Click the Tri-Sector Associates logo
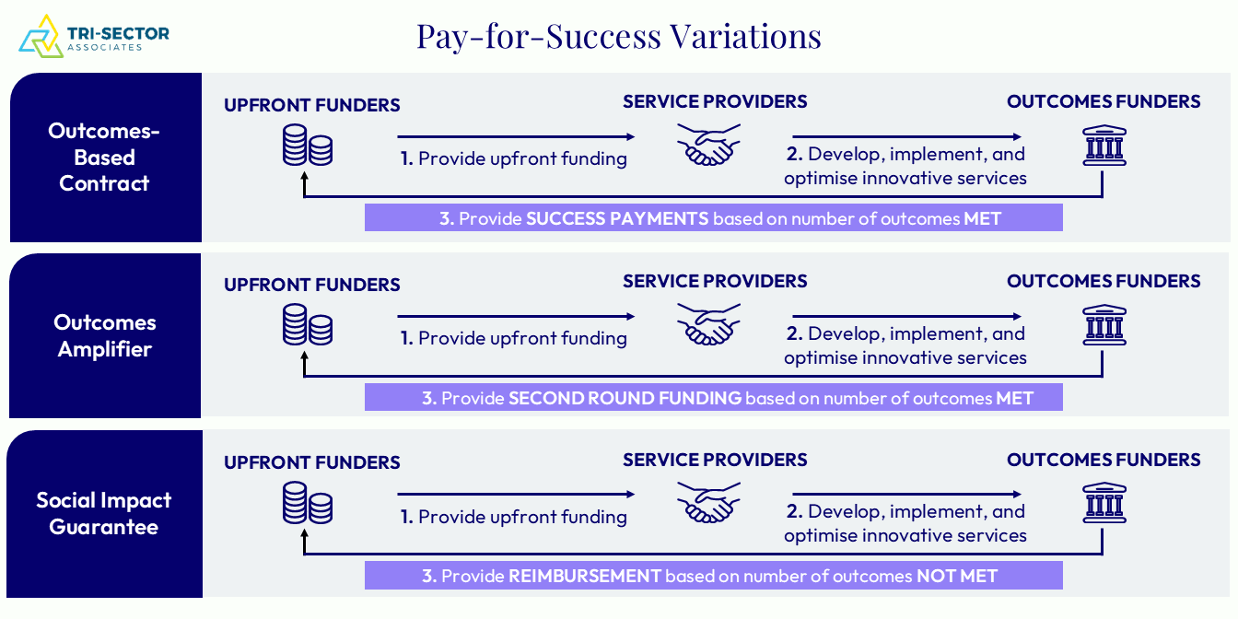(x=94, y=37)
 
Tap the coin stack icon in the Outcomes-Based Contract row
(x=308, y=145)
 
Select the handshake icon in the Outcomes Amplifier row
(x=708, y=324)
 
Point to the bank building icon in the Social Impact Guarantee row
(x=1104, y=503)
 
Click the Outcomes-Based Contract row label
(x=104, y=157)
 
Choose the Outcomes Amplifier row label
(x=104, y=335)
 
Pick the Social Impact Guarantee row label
(x=104, y=513)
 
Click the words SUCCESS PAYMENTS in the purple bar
(x=617, y=218)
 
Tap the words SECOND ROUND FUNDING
(x=625, y=398)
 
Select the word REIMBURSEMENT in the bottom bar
(x=584, y=576)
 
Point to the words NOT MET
(x=957, y=576)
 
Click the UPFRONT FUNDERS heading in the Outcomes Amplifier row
(x=311, y=285)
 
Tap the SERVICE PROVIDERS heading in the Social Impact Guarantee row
(x=715, y=460)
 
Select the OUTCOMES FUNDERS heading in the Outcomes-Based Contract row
(x=1104, y=101)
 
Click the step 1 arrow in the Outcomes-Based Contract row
(x=516, y=136)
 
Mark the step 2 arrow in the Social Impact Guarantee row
(x=906, y=494)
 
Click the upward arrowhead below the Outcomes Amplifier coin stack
(x=304, y=357)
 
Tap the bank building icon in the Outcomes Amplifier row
(x=1104, y=325)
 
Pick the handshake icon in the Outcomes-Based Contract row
(x=708, y=145)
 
